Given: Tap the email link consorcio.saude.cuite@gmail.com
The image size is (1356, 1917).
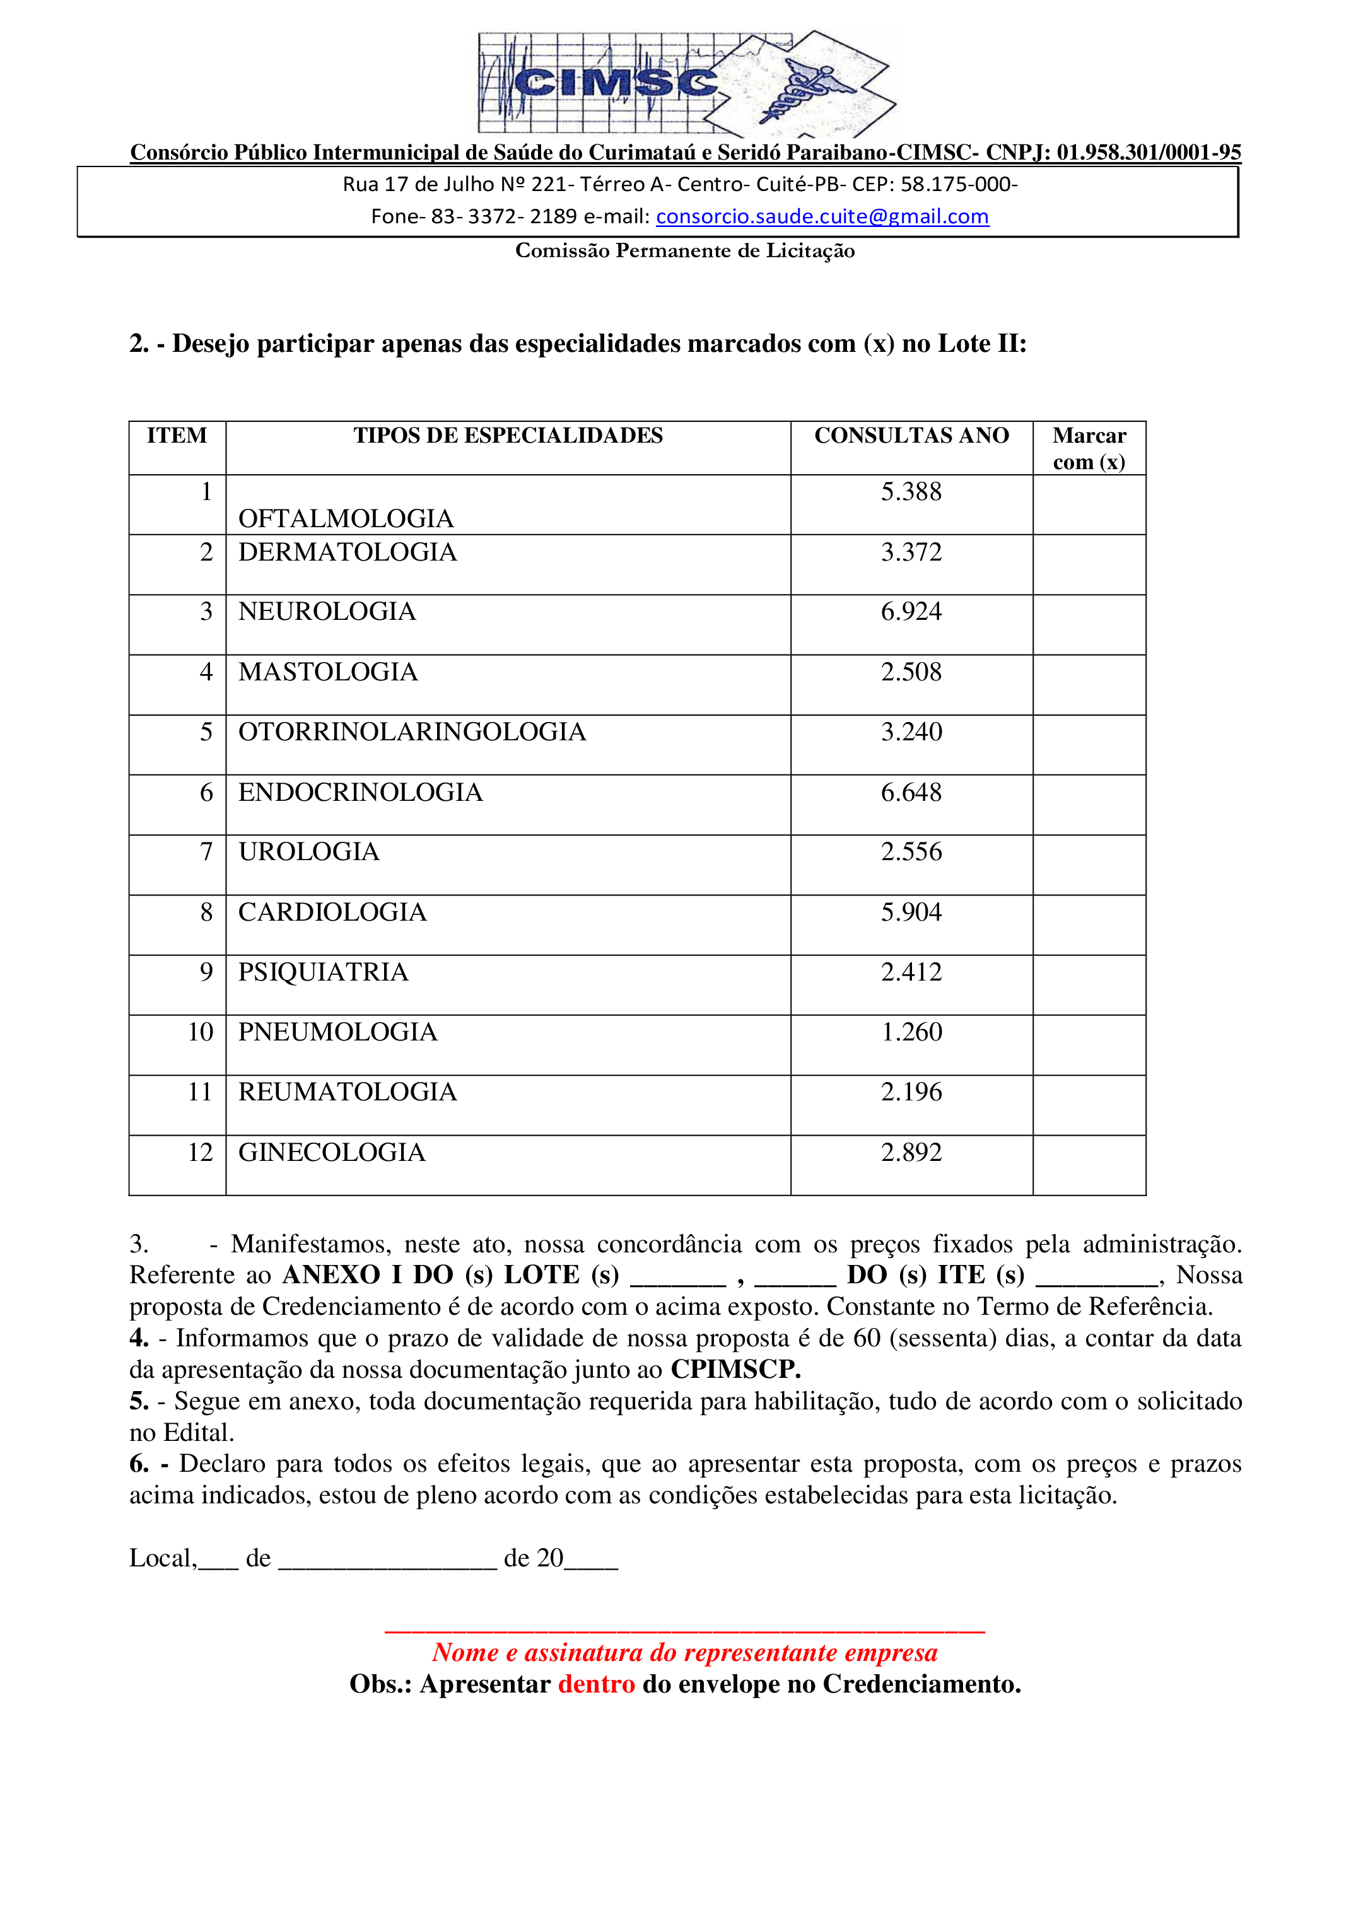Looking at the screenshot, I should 822,216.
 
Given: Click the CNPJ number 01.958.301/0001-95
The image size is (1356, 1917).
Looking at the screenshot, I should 1148,153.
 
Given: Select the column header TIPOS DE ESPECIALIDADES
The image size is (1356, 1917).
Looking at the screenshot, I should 508,436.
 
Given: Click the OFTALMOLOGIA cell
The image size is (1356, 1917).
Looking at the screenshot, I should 346,518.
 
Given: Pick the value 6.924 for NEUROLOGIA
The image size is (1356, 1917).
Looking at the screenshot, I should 911,612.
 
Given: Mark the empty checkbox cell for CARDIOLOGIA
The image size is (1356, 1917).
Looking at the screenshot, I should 1089,925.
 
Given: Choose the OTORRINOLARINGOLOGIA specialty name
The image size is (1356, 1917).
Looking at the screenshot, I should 412,732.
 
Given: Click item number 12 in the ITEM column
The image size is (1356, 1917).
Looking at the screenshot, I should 201,1153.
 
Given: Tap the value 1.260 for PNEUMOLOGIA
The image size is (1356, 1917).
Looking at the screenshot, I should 911,1033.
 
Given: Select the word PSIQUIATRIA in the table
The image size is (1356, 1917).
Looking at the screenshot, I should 323,973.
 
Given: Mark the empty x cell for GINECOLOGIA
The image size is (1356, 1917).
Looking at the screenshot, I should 1089,1165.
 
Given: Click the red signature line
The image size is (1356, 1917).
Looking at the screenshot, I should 685,1631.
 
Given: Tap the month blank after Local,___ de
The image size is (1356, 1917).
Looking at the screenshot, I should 387,1559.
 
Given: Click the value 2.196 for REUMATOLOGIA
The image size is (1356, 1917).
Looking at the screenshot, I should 911,1093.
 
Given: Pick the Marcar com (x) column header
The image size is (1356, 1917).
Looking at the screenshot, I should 1089,448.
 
